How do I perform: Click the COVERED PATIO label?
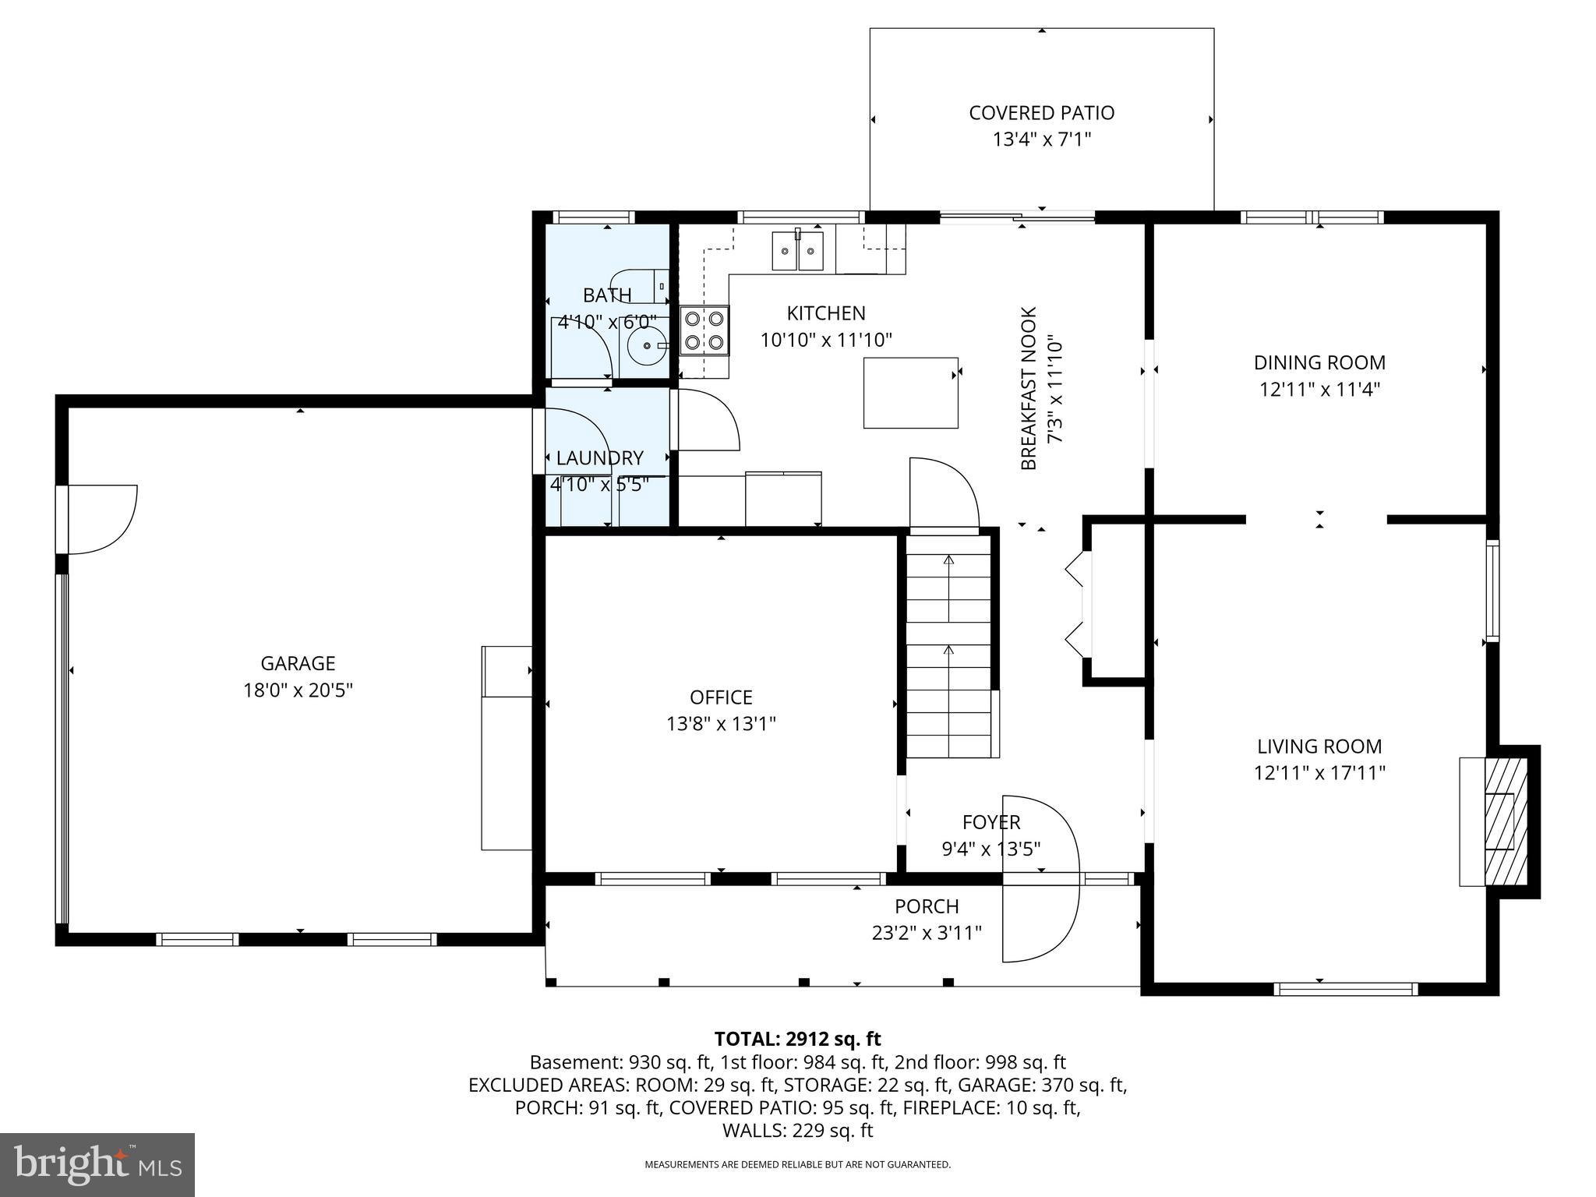coord(1041,113)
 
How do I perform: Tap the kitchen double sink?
coord(797,251)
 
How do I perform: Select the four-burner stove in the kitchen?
coord(704,330)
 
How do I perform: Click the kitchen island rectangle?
coord(910,393)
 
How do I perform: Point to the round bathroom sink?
coord(646,344)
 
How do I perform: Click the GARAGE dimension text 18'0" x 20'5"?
coord(298,690)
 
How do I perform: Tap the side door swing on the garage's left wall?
coord(101,518)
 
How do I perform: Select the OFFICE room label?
coord(721,697)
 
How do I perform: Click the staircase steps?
coord(948,647)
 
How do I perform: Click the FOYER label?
coord(990,822)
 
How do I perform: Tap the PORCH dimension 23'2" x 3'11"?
coord(926,933)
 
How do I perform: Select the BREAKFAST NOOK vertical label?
coord(1029,388)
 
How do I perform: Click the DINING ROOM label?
coord(1319,362)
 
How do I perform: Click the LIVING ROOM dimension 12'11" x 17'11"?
coord(1319,773)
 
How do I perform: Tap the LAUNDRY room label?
coord(599,458)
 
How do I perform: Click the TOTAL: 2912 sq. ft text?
coord(797,1039)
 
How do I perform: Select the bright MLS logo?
coord(97,1164)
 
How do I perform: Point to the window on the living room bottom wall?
coord(1345,989)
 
